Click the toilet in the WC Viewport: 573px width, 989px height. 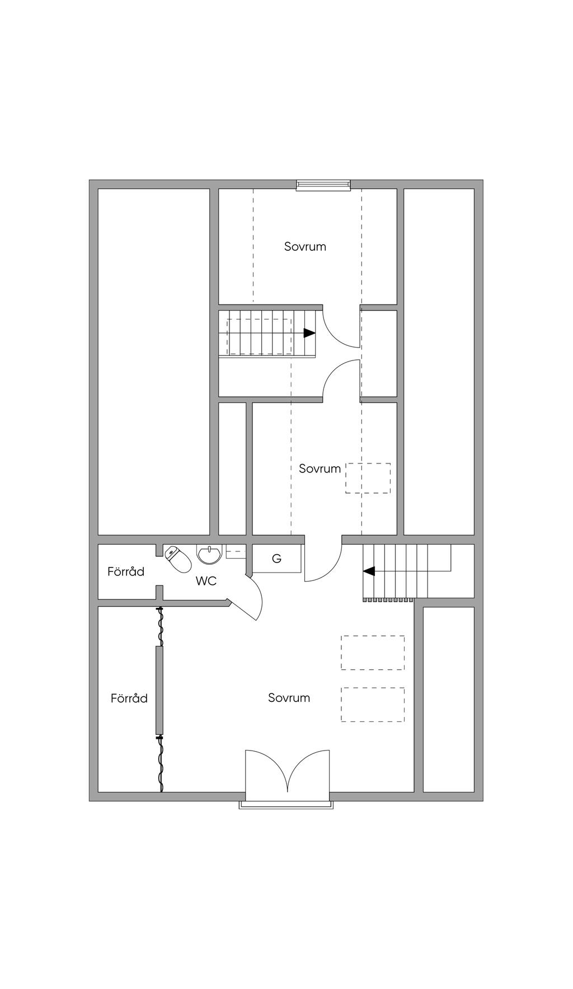click(x=176, y=559)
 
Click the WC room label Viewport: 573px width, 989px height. click(x=206, y=581)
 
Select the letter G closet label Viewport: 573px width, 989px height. click(x=276, y=558)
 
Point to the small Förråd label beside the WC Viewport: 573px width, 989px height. click(x=126, y=571)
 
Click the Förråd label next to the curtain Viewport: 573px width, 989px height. click(x=129, y=698)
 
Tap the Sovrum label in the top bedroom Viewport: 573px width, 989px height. click(x=305, y=246)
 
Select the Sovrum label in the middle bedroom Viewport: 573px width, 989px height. click(x=320, y=468)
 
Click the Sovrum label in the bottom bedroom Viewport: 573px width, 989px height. click(x=289, y=697)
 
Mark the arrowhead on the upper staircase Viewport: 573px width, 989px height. click(x=309, y=332)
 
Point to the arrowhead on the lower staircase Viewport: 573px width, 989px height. click(x=369, y=571)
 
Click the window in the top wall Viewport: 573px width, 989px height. click(x=323, y=185)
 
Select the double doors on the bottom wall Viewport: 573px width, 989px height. click(x=288, y=771)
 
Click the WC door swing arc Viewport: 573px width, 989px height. click(x=252, y=597)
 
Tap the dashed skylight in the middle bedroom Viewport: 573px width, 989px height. click(x=368, y=478)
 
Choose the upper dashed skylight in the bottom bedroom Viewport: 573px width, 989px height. click(x=373, y=653)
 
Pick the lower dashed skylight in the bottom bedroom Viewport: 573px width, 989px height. click(x=373, y=704)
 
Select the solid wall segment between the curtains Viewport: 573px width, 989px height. click(x=159, y=690)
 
